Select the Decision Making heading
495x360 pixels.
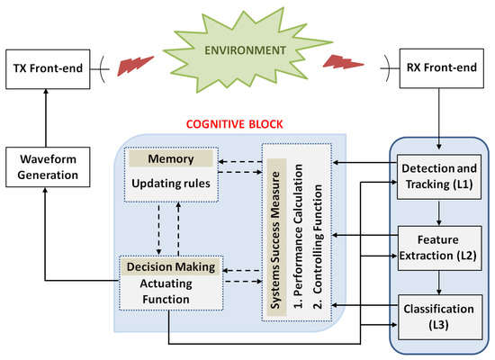pyautogui.click(x=169, y=266)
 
